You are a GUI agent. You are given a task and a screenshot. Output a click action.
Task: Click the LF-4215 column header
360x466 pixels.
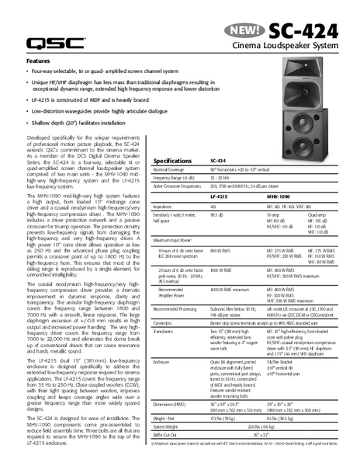coord(219,197)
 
